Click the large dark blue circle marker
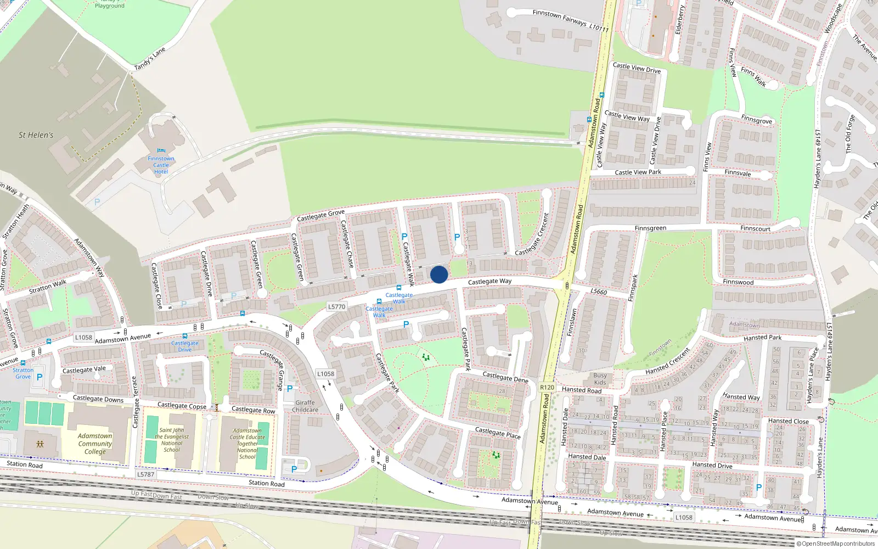point(439,274)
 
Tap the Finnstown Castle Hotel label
point(161,165)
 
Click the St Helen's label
point(36,135)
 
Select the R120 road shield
point(547,387)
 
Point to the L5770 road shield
point(336,307)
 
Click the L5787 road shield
point(145,474)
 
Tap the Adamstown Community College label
point(95,444)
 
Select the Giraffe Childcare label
point(305,406)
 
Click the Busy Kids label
point(600,379)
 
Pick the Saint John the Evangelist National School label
point(172,440)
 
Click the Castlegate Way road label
point(489,282)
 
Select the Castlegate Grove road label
point(320,215)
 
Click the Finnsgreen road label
point(650,228)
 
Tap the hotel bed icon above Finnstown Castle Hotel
point(161,151)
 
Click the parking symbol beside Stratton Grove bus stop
point(40,377)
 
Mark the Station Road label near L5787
point(267,483)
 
